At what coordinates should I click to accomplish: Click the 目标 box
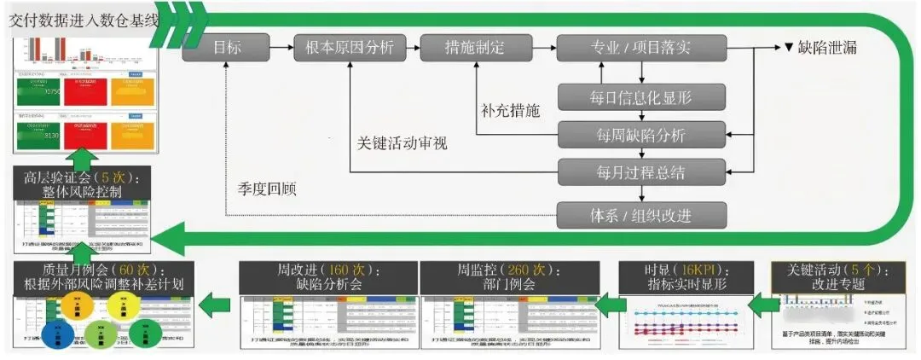pos(226,48)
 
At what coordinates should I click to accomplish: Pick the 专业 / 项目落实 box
pos(641,48)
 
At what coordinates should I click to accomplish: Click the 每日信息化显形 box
pos(641,96)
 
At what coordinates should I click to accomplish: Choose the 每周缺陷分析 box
pos(641,134)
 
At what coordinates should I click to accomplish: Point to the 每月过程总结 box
pos(641,171)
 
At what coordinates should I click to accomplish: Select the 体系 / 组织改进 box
pos(641,214)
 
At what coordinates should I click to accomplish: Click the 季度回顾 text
pos(267,189)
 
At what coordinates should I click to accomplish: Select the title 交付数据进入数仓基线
pos(84,20)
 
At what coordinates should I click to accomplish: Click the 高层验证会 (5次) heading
pos(83,185)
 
